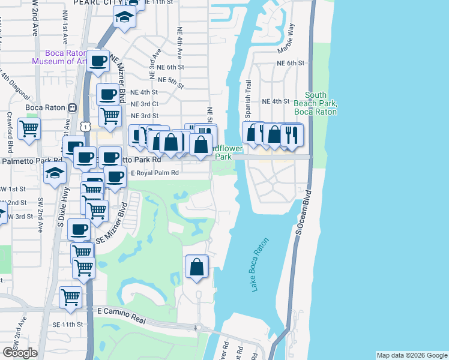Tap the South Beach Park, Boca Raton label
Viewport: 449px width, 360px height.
click(x=316, y=103)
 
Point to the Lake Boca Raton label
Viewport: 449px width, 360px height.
click(x=259, y=265)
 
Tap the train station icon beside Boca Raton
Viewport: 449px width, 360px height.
click(x=71, y=108)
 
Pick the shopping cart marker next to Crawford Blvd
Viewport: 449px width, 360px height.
click(x=29, y=128)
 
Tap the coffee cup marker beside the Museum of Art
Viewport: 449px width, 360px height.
click(x=98, y=60)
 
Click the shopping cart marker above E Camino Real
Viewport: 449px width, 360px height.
click(x=70, y=296)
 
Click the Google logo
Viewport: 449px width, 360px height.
click(x=19, y=353)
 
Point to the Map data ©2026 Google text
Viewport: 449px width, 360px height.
click(x=411, y=355)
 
